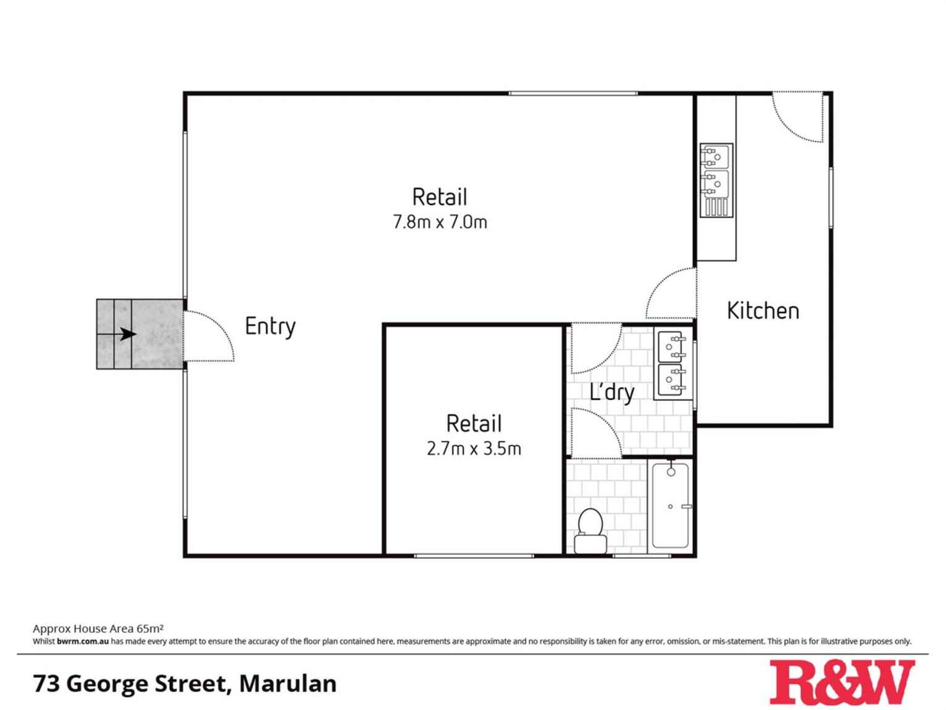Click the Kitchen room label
[x=763, y=311]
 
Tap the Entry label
[x=270, y=326]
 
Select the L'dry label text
[x=612, y=391]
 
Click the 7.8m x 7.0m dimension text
[x=440, y=222]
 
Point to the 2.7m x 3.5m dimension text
[x=474, y=448]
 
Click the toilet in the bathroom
[x=590, y=532]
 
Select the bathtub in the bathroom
[x=671, y=504]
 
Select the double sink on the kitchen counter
[x=716, y=180]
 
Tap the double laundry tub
[x=672, y=363]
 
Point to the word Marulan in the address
[x=288, y=683]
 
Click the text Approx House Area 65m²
[x=98, y=629]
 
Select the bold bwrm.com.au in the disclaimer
[x=83, y=641]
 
